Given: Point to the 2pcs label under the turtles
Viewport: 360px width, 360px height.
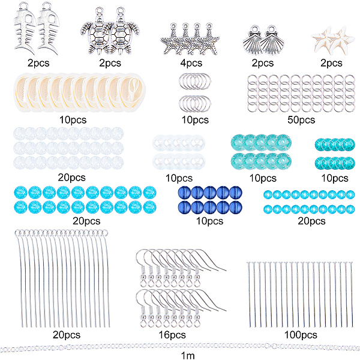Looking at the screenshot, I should click(109, 62).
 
